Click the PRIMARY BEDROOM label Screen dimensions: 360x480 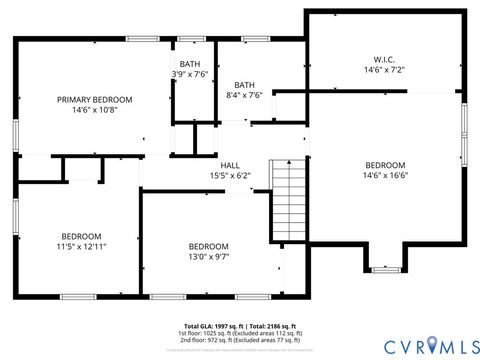94,99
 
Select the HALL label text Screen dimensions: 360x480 229,165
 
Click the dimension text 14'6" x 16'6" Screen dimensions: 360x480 384,176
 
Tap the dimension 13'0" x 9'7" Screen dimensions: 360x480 208,256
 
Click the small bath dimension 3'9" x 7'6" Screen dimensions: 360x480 189,74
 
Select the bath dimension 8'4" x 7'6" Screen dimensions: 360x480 245,96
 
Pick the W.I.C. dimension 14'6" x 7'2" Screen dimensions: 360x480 384,71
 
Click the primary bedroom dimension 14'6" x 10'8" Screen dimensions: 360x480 94,110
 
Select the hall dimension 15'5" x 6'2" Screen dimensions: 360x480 229,176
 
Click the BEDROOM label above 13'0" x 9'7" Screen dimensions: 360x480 208,246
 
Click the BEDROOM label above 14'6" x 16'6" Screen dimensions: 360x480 384,165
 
